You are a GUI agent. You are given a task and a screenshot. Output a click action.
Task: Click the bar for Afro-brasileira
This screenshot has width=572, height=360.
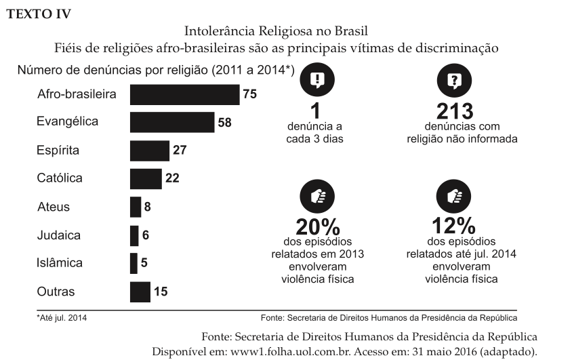[184, 94]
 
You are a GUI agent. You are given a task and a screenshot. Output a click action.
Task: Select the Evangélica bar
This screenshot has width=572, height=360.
[172, 122]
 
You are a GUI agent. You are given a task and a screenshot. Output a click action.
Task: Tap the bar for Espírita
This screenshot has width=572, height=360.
[149, 151]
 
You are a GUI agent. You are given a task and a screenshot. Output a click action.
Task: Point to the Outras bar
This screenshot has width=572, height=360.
[140, 292]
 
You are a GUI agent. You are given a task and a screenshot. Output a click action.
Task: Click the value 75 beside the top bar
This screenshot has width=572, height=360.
[249, 94]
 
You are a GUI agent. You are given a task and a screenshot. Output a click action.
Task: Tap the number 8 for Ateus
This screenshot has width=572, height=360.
[147, 207]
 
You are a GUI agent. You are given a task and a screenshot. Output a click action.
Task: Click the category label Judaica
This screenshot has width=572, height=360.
[59, 235]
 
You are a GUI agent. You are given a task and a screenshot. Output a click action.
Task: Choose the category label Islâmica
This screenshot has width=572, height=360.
[60, 263]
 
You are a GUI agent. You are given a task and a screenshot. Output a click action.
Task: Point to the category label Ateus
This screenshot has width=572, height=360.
[54, 207]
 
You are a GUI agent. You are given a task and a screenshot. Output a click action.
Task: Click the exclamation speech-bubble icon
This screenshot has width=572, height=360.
[316, 81]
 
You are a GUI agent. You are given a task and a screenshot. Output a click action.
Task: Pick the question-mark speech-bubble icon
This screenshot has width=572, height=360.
[453, 81]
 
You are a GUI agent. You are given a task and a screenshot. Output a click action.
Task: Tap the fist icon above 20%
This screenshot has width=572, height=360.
[316, 196]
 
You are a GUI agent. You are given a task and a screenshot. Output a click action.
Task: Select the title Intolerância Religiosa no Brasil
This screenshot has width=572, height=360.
[276, 32]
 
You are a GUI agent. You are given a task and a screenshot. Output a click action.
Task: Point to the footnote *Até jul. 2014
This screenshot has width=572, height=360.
[62, 317]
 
